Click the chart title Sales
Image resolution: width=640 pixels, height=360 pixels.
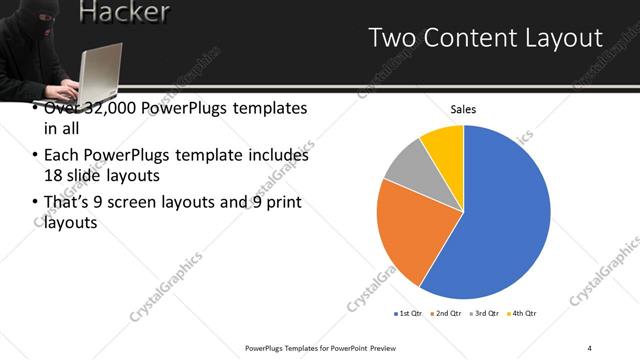pyautogui.click(x=463, y=109)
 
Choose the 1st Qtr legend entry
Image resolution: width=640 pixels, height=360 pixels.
pyautogui.click(x=409, y=313)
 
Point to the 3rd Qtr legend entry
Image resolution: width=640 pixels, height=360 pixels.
pyautogui.click(x=485, y=313)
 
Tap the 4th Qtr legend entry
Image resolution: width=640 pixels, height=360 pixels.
pyautogui.click(x=523, y=313)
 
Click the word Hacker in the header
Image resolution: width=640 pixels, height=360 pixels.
pyautogui.click(x=123, y=13)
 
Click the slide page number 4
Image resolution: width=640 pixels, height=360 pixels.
pyautogui.click(x=590, y=346)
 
